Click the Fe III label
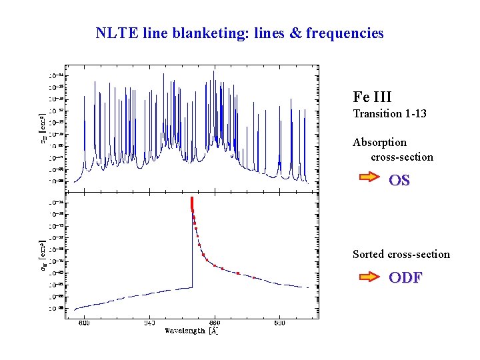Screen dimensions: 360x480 [372, 97]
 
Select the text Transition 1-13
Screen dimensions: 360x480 [389, 114]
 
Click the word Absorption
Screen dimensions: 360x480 [379, 142]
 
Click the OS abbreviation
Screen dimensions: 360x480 [399, 180]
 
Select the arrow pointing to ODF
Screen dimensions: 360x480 [369, 275]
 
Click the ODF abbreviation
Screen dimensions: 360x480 [405, 278]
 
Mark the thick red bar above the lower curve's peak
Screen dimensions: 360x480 [191, 203]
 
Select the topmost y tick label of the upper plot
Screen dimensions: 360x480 [56, 75]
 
